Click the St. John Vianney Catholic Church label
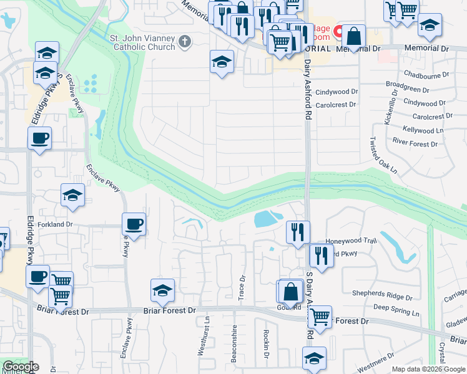click(x=142, y=42)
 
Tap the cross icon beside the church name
click(x=184, y=42)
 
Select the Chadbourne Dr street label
click(x=426, y=74)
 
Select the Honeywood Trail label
click(x=352, y=241)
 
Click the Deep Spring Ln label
click(x=398, y=307)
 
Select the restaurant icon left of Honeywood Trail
click(x=298, y=231)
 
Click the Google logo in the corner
click(x=21, y=367)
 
